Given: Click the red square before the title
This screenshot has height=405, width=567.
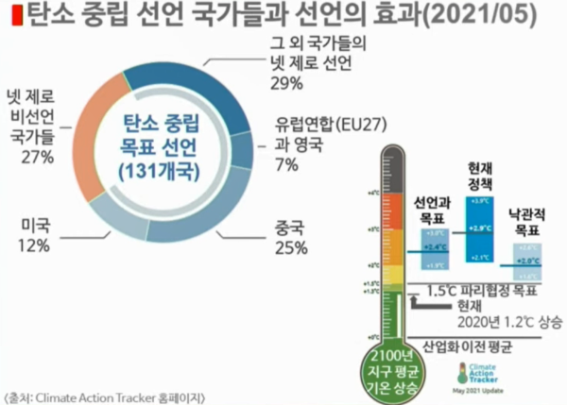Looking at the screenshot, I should pos(8,16).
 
